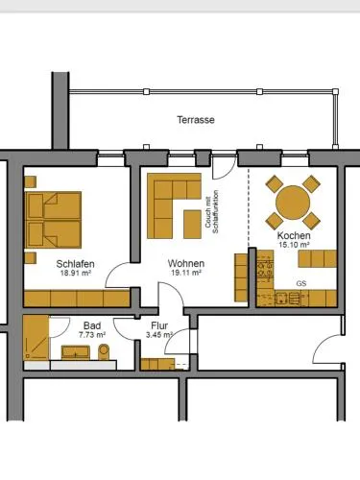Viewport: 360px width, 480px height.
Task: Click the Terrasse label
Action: click(196, 120)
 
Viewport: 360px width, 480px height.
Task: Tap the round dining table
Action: click(293, 203)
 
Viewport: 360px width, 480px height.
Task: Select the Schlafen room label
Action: click(76, 264)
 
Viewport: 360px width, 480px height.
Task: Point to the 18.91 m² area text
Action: click(76, 274)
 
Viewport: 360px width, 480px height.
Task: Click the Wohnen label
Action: click(186, 263)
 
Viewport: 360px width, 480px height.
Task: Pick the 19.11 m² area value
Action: click(186, 273)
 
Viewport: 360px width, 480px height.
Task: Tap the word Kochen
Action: click(294, 235)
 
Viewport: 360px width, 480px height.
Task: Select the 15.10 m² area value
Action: click(294, 245)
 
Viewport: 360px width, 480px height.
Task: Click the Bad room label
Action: click(92, 325)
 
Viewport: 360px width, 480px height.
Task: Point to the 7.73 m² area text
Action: click(92, 335)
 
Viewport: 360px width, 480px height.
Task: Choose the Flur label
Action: click(159, 325)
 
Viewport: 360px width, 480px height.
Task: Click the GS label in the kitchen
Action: click(301, 283)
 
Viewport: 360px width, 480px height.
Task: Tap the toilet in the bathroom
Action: click(104, 351)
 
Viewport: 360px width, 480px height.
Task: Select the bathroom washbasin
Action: click(76, 352)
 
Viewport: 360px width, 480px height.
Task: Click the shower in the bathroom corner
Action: click(36, 338)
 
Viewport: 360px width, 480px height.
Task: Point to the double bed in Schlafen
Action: click(53, 220)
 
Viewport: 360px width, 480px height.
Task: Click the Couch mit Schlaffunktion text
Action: click(211, 212)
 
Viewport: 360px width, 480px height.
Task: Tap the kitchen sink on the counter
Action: click(282, 299)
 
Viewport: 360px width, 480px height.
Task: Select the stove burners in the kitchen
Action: click(266, 269)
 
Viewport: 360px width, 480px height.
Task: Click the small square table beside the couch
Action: click(192, 225)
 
